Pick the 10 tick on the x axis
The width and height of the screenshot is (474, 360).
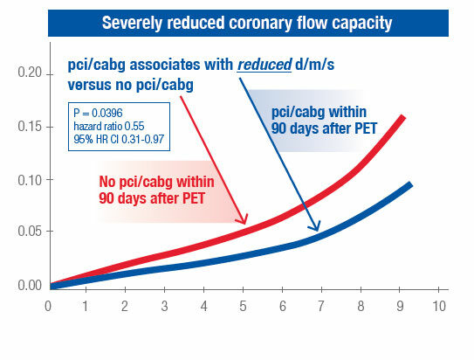[439, 306]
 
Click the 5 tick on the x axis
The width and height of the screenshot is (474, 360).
[243, 306]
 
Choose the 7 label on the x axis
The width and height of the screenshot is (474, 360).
[321, 306]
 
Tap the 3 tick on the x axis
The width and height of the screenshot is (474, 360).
[164, 306]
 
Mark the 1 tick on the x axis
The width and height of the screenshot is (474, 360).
[86, 306]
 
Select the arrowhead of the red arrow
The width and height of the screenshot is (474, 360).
[246, 222]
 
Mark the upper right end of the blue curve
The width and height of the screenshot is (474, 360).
[409, 184]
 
